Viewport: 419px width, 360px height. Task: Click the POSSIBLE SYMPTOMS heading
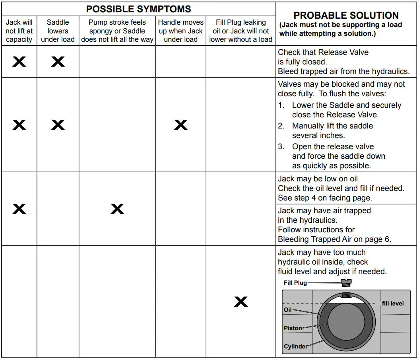click(138, 9)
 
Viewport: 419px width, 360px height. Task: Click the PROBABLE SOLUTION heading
click(346, 16)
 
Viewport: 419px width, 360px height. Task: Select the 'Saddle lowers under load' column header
click(58, 31)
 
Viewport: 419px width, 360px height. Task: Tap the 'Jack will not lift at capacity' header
click(19, 31)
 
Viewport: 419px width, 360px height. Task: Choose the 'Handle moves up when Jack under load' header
click(180, 31)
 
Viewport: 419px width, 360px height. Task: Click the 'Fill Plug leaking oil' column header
click(241, 31)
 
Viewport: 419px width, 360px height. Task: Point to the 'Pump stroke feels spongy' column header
click(117, 31)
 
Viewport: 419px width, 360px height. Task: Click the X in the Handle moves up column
click(180, 125)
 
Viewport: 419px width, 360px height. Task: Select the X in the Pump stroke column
click(117, 209)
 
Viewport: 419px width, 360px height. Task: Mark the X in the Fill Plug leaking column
click(241, 302)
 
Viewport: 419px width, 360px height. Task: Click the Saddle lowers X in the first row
click(58, 61)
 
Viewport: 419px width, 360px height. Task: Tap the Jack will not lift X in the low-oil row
click(19, 209)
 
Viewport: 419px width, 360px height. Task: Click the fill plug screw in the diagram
click(347, 283)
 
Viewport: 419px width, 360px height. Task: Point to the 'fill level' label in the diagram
click(392, 304)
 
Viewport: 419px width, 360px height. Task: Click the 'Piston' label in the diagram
click(293, 328)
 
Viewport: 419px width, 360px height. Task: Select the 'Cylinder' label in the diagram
click(295, 346)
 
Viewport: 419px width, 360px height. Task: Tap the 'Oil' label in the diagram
click(287, 310)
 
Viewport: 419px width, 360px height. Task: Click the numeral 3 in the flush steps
click(281, 146)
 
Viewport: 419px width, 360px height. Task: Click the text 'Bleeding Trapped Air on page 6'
click(334, 239)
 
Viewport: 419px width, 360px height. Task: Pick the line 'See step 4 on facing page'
click(325, 198)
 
